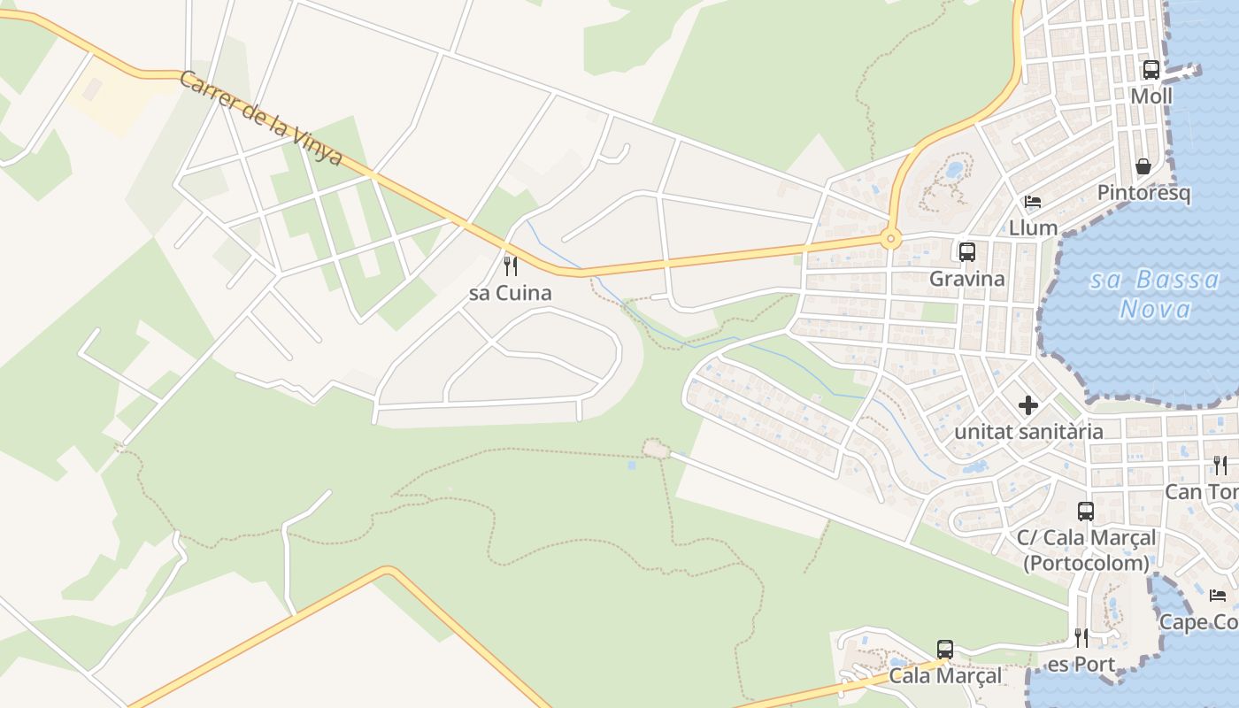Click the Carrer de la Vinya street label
tap(260, 119)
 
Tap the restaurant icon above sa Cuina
tap(510, 265)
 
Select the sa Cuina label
tap(511, 293)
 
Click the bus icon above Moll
tap(1150, 70)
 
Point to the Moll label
tap(1151, 96)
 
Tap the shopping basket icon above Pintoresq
tap(1143, 166)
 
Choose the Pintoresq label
tap(1143, 193)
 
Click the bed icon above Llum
tap(1032, 202)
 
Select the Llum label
tap(1033, 227)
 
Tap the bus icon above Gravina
tap(966, 252)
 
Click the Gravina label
tap(966, 279)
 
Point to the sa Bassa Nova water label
tap(1154, 295)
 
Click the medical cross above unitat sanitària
tap(1027, 405)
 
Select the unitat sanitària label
tap(1028, 432)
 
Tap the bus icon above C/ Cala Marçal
tap(1085, 512)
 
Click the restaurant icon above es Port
tap(1081, 638)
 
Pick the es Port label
tap(1081, 665)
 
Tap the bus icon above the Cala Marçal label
tap(945, 650)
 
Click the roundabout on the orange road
tap(889, 238)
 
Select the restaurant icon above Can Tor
tap(1220, 466)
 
